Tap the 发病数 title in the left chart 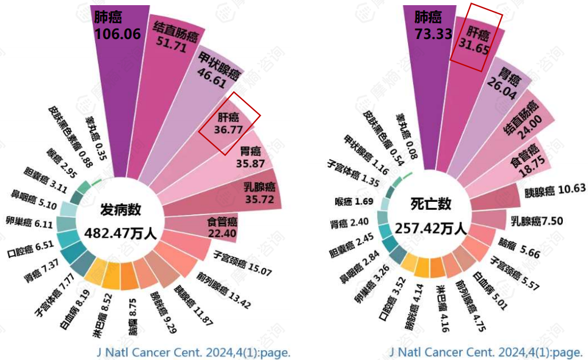click(x=120, y=210)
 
